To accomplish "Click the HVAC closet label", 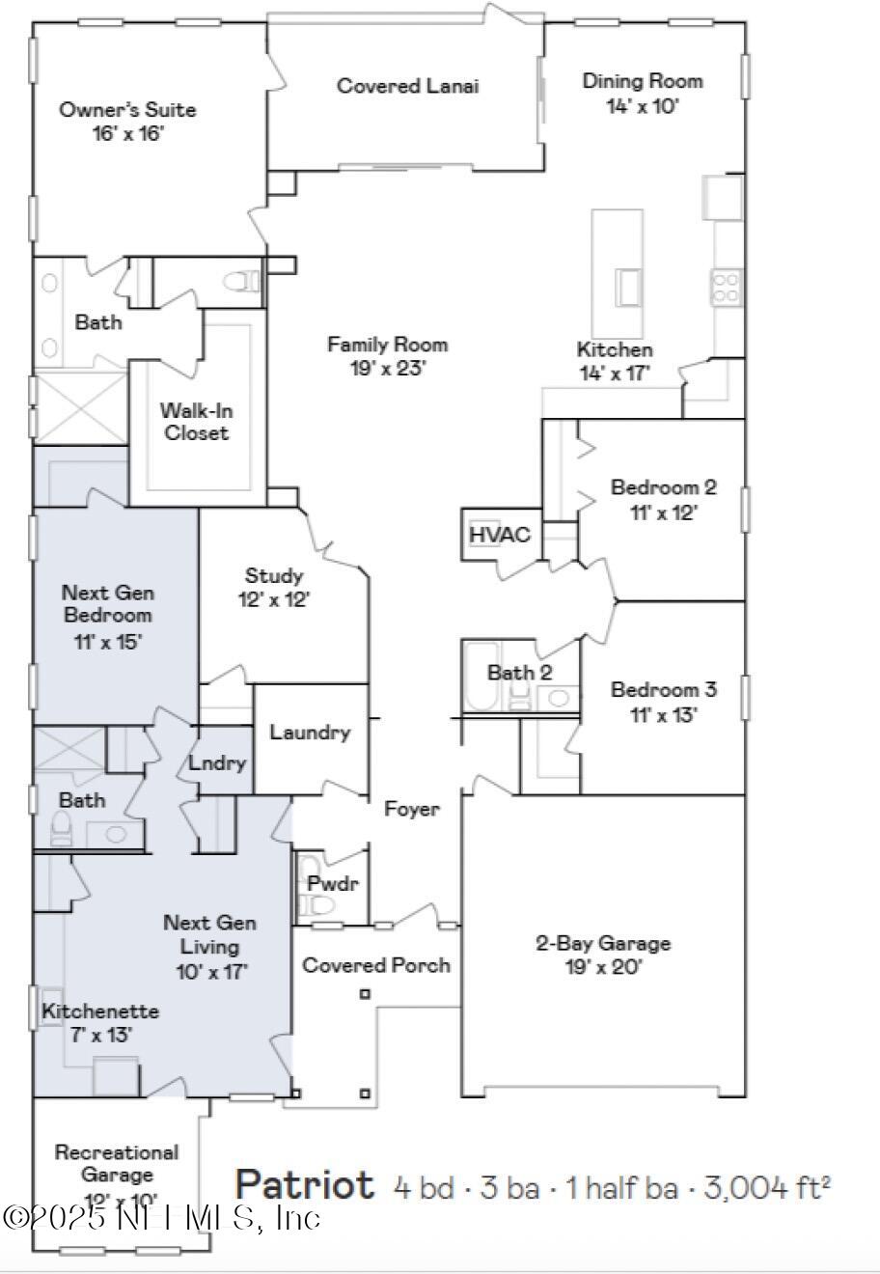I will pos(499,535).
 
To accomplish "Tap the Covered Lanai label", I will pos(407,86).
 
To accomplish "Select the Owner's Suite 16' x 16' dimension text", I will pos(128,133).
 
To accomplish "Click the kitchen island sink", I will pos(629,287).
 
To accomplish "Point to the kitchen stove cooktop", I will pos(727,286).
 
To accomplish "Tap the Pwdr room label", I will pos(326,883).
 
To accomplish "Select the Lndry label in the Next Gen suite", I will pos(217,762).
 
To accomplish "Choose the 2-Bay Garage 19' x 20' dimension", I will pos(604,967).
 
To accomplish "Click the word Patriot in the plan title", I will pos(305,1184).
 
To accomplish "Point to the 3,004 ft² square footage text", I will pos(767,1186).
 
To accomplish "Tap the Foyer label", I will pos(412,809).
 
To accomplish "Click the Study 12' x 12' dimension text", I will pos(274,599).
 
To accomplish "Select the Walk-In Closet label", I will pos(197,422).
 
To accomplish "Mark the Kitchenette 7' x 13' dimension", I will pos(87,1035).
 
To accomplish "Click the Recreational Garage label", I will pos(117,1163).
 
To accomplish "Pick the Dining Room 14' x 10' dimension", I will pos(643,105).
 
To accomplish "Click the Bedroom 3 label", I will pos(663,690).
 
